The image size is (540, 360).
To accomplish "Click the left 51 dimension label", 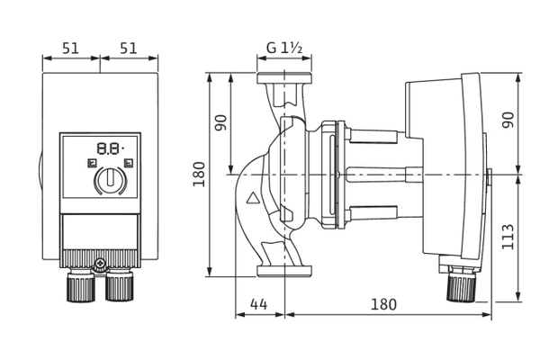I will click(x=71, y=48).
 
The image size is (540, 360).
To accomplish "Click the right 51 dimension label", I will click(x=128, y=48).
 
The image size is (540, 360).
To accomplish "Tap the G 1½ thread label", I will click(x=284, y=48).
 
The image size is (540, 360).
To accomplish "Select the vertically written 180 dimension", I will click(x=199, y=173).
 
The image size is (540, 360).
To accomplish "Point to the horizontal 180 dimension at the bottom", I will click(x=383, y=304).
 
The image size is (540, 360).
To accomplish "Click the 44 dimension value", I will click(x=260, y=304).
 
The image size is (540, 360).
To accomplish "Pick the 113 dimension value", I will click(x=508, y=236).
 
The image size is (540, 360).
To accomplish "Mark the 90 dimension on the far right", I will click(x=508, y=120).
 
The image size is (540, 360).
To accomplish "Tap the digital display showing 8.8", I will click(x=109, y=147).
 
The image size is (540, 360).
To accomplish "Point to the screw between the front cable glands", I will click(x=101, y=266).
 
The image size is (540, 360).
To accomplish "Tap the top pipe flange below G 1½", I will click(x=284, y=78).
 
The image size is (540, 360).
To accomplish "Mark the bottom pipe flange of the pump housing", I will click(x=284, y=270).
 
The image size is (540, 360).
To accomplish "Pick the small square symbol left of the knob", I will click(x=91, y=163).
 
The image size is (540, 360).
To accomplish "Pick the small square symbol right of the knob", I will click(x=129, y=163).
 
